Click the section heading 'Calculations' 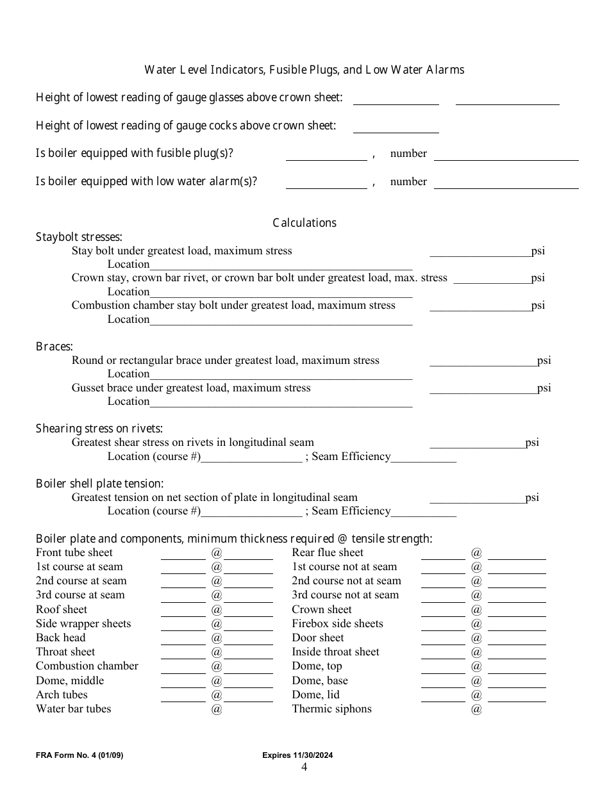pos(304,223)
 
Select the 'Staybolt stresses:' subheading pos(79,237)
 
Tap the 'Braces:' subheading pos(54,347)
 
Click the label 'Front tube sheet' pos(74,552)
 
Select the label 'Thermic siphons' pos(331,709)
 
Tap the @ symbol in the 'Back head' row pos(217,638)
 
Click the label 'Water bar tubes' pos(74,709)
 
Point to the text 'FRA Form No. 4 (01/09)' pos(79,755)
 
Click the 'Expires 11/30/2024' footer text pos(297,755)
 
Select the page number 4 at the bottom pos(304,767)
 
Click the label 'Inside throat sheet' pos(335,652)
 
